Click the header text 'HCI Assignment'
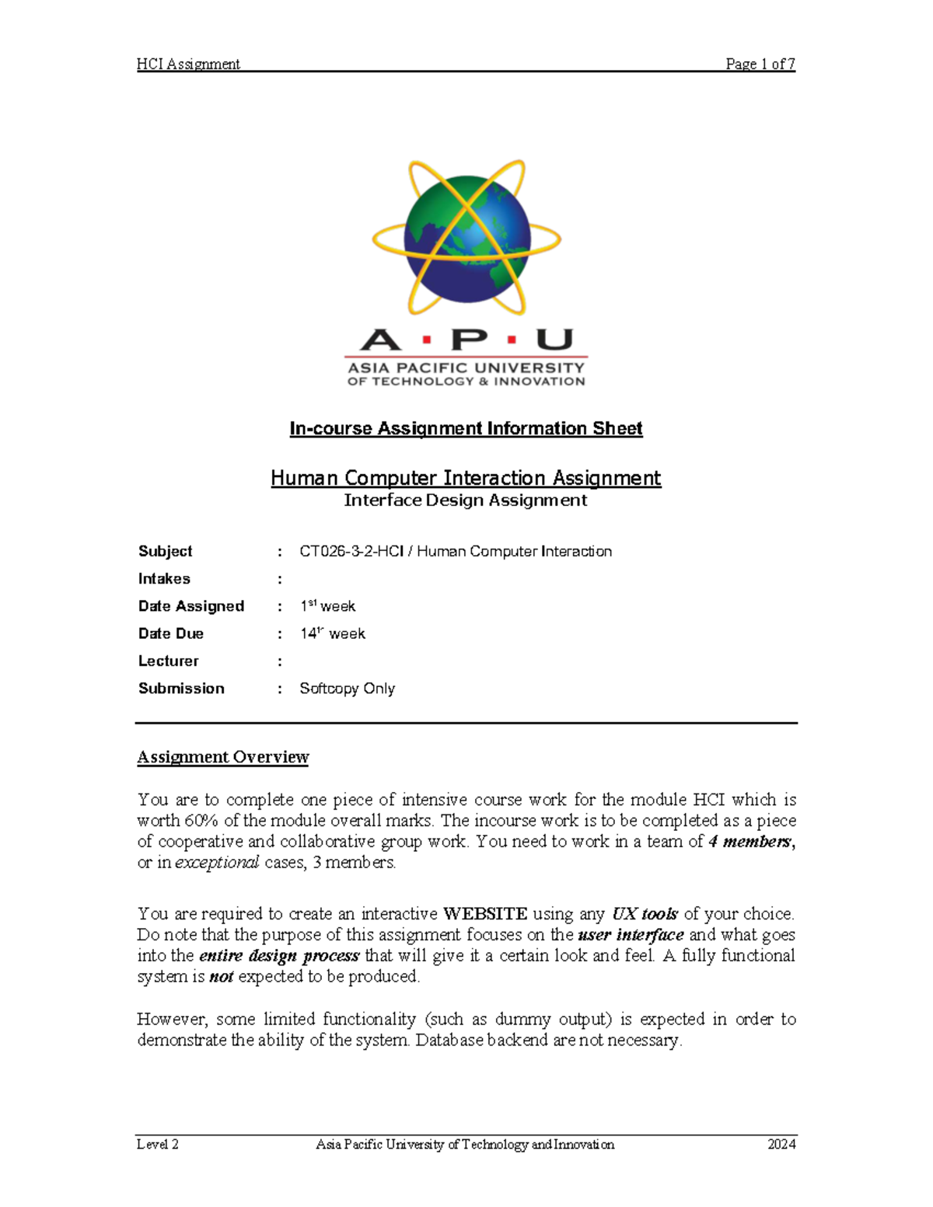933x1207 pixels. click(x=188, y=64)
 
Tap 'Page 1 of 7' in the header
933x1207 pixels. click(x=760, y=64)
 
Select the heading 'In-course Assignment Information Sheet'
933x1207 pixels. click(x=466, y=428)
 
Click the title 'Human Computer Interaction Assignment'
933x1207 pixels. click(x=466, y=477)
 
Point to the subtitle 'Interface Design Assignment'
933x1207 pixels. click(x=466, y=501)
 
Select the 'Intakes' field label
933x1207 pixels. click(x=164, y=578)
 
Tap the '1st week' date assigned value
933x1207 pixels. click(x=327, y=606)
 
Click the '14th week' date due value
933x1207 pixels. click(x=333, y=633)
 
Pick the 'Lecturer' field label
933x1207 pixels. click(x=168, y=661)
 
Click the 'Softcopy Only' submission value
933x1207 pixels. click(x=347, y=689)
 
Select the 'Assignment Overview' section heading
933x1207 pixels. click(x=223, y=757)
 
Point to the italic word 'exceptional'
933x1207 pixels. click(x=217, y=862)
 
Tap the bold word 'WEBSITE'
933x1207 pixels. click(x=485, y=914)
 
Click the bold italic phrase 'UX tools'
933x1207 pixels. click(x=645, y=914)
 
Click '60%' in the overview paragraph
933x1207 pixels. click(x=201, y=821)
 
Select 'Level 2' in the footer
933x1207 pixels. click(x=158, y=1144)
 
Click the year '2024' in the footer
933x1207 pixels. click(x=781, y=1144)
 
